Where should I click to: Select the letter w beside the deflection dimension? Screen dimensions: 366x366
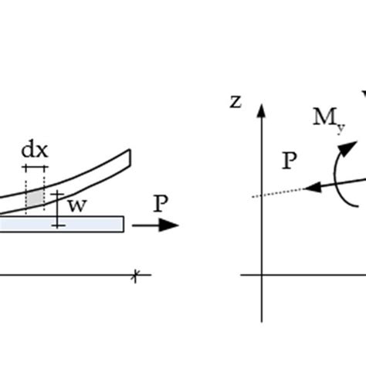(77, 205)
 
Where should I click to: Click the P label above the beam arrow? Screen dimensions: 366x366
(161, 204)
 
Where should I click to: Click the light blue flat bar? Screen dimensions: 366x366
(62, 224)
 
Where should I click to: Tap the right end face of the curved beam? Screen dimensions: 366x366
(130, 158)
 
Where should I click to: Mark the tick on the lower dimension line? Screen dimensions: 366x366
(136, 275)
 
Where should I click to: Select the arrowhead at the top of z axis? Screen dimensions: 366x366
(263, 109)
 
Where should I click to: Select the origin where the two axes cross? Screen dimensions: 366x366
(263, 274)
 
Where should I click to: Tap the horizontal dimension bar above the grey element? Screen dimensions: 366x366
(35, 166)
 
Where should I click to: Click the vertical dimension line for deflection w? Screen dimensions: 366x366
(58, 209)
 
